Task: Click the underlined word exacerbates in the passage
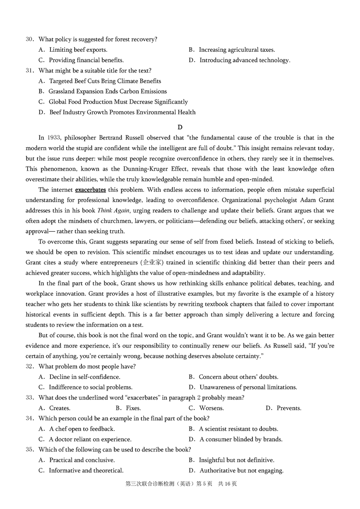tap(90, 189)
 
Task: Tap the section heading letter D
tap(180, 127)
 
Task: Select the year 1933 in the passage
tap(54, 138)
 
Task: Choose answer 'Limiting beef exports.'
tap(78, 50)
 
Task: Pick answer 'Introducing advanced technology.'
tap(245, 60)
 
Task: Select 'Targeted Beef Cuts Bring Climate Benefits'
tap(105, 81)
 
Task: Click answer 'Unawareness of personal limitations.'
tap(248, 387)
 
